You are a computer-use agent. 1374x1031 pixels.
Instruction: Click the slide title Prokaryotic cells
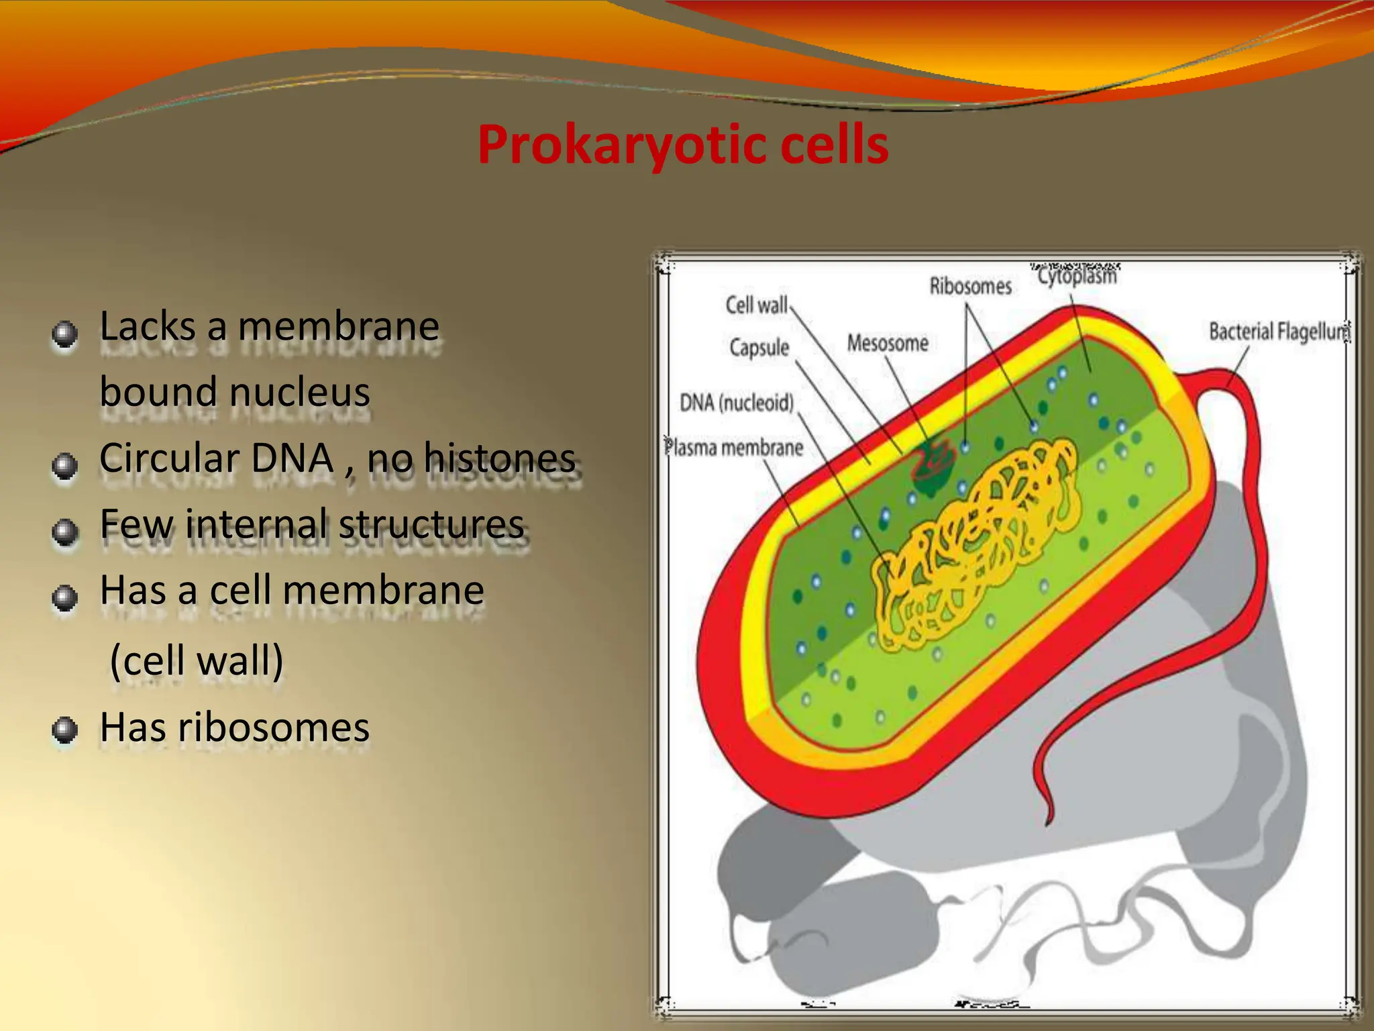click(683, 145)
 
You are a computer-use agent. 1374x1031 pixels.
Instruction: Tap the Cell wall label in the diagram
click(756, 305)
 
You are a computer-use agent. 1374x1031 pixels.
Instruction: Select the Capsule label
click(759, 348)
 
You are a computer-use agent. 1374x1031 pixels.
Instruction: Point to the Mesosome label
click(887, 343)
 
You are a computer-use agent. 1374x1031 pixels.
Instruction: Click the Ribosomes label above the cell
click(970, 287)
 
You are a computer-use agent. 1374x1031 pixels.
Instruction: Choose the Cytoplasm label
click(1077, 276)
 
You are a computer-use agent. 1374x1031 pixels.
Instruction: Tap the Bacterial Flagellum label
click(1279, 332)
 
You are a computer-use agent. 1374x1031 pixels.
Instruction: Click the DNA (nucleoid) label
click(737, 403)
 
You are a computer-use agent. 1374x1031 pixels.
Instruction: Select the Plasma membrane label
click(734, 448)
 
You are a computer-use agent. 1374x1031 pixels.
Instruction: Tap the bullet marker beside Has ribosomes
click(64, 730)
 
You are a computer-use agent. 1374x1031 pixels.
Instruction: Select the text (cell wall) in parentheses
click(197, 660)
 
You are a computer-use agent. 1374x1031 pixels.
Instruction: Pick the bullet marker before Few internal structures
click(64, 532)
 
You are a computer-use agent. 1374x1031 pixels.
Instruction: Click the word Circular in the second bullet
click(169, 458)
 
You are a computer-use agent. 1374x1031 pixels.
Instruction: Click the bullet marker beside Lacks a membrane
click(64, 334)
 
